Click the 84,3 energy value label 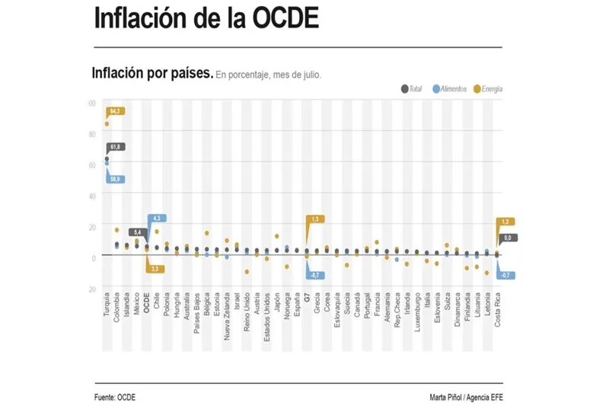click(x=116, y=111)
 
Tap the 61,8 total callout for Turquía click(x=116, y=146)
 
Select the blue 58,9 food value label click(x=116, y=179)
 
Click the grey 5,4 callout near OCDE click(x=137, y=232)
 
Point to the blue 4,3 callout click(x=157, y=219)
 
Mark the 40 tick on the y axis click(x=92, y=196)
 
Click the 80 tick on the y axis click(x=92, y=133)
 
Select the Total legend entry click(x=412, y=89)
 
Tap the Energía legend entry click(x=488, y=89)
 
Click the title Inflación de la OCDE click(x=206, y=19)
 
